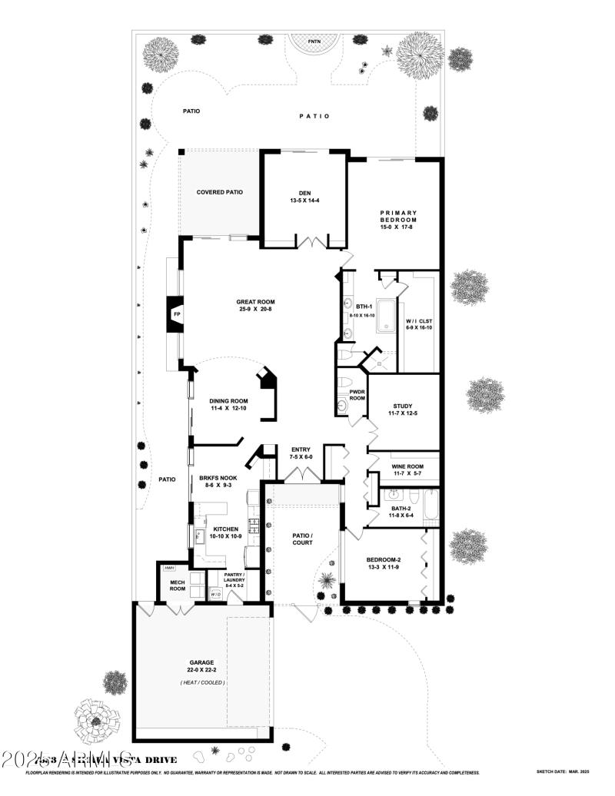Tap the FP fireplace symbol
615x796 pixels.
tap(176, 315)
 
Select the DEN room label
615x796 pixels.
tap(304, 194)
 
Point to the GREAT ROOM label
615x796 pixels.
tap(256, 302)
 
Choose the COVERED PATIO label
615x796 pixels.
tap(220, 192)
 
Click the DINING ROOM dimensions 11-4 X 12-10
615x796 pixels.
tap(228, 409)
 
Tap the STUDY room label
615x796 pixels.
tap(404, 406)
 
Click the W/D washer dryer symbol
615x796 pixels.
tap(215, 594)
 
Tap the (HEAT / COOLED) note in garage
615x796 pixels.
tap(202, 682)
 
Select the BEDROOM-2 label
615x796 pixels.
tap(384, 559)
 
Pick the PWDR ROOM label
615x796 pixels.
tap(357, 395)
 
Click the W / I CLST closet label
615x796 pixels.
tap(419, 321)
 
